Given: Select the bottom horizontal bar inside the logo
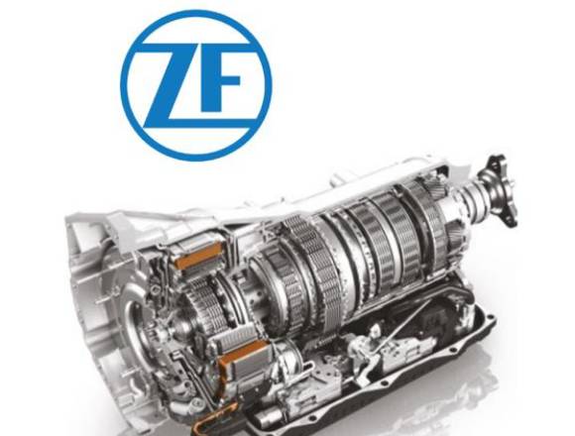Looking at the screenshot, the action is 196,126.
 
